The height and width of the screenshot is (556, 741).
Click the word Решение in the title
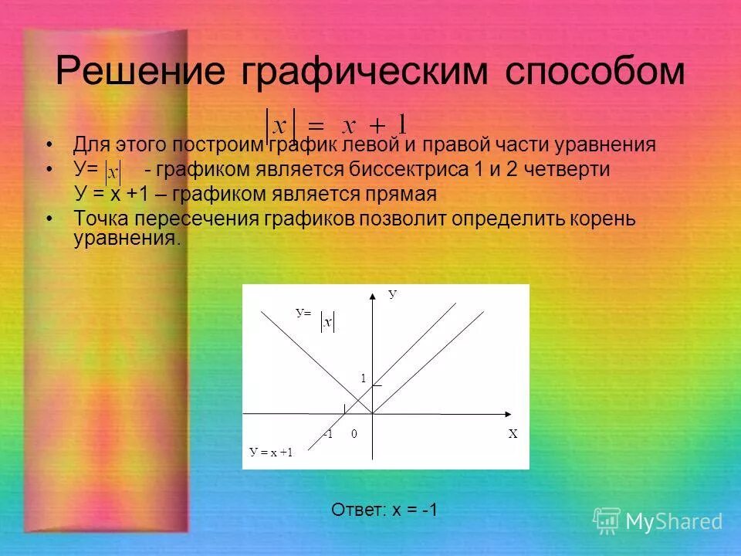(140, 72)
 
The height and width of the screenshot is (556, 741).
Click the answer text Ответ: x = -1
(384, 510)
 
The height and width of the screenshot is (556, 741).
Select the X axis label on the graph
(513, 434)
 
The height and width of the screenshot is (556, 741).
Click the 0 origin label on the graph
(354, 434)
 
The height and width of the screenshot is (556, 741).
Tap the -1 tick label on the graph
(328, 434)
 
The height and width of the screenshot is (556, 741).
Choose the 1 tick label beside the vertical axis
(362, 378)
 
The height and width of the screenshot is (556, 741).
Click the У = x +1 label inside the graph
(271, 453)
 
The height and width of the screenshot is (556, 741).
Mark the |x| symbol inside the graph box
(327, 322)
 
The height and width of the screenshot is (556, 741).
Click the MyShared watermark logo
(658, 521)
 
